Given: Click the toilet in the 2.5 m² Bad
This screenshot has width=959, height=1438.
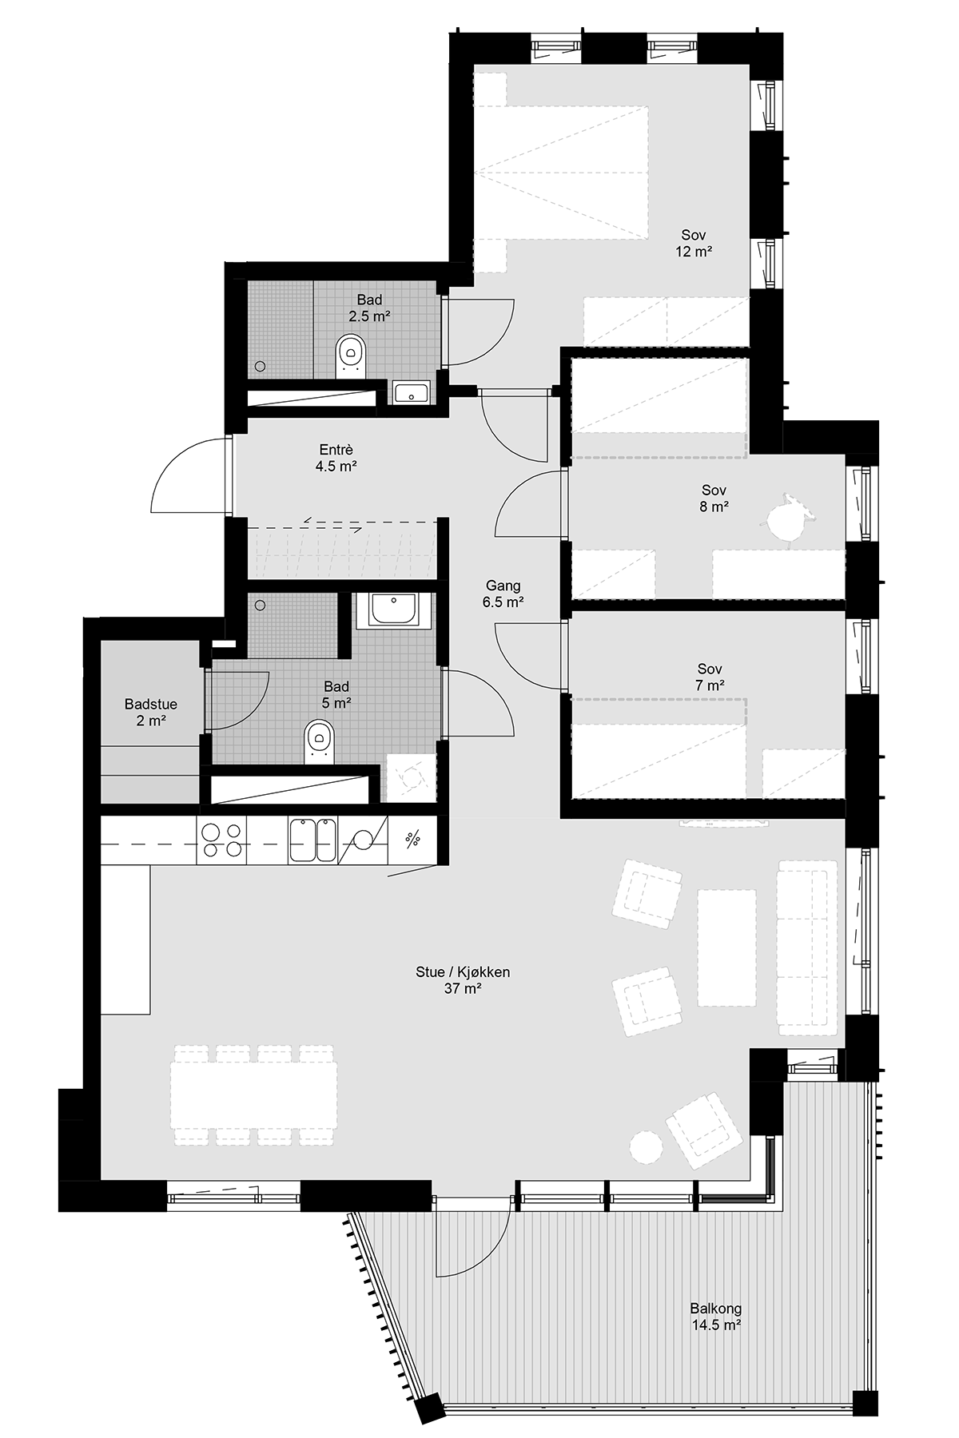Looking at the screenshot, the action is [x=351, y=356].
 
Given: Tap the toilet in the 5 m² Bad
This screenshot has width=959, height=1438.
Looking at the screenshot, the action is [x=320, y=741].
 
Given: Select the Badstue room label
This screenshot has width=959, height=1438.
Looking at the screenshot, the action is [x=151, y=713].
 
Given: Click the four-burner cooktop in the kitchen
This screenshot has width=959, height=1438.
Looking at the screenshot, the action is [x=221, y=841].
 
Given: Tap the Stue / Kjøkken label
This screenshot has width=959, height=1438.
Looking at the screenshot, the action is [x=463, y=980].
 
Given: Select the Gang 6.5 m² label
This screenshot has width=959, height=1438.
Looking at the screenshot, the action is [x=503, y=594].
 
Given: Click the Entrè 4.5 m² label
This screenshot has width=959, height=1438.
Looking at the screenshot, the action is [x=335, y=458].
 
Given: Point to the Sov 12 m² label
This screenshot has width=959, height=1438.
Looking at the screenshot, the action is [x=694, y=243].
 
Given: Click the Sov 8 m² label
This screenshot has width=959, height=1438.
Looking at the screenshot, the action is [x=714, y=498].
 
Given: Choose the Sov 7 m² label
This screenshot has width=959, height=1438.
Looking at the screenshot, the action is [x=710, y=677].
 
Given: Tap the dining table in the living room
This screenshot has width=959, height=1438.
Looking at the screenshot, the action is [x=253, y=1095].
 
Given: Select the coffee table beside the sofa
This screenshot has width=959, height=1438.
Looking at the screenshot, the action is [x=726, y=947].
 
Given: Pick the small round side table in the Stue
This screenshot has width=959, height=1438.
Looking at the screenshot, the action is [x=645, y=1147].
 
